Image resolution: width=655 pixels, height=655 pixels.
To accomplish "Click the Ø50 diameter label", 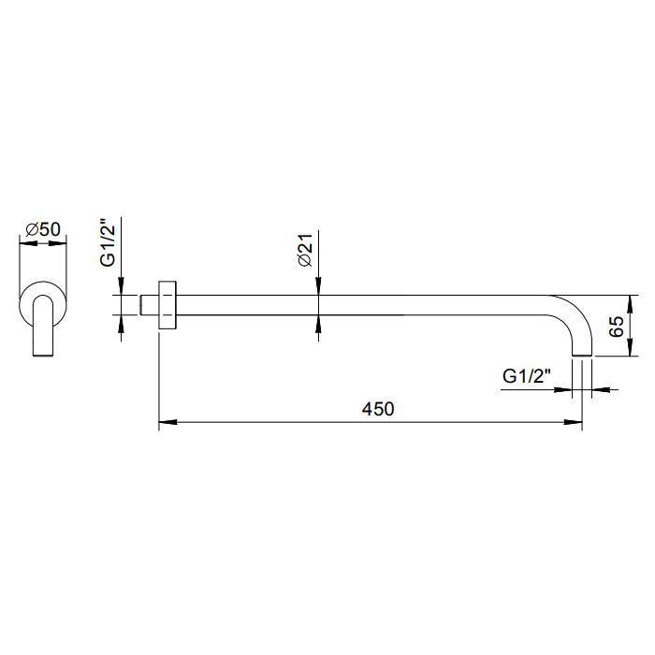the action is point(43,229).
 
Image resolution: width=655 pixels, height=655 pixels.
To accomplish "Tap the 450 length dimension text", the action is point(378,409).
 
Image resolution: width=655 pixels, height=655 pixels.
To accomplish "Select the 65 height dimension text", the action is point(617,327).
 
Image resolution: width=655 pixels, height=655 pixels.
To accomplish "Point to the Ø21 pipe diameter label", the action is point(305,250).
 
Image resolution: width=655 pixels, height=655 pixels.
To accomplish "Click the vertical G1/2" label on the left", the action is point(108,241).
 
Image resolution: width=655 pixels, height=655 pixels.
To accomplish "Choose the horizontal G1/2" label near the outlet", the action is point(527,376).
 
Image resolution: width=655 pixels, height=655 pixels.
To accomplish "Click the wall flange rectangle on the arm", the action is point(167,305).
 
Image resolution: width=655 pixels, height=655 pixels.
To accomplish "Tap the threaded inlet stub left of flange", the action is point(149,305).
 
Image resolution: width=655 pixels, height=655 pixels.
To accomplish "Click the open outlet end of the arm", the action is point(582,356).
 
